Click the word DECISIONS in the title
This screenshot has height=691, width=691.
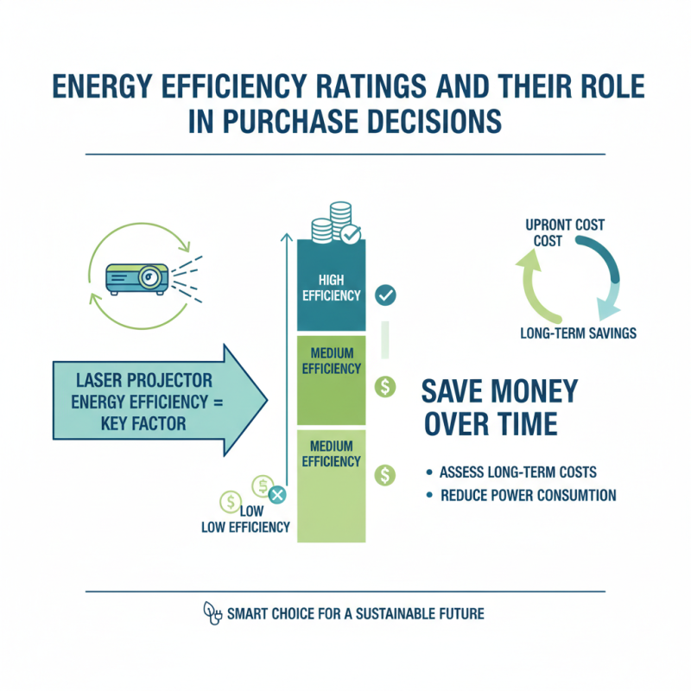(x=434, y=121)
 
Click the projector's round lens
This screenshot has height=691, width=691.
(x=149, y=277)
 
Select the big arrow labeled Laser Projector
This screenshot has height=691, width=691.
(x=160, y=400)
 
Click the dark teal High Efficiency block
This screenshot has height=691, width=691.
(x=332, y=285)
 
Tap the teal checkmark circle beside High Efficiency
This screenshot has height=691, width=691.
(x=385, y=295)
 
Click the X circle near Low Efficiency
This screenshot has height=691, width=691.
(x=277, y=494)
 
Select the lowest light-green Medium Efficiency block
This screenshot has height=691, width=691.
(x=332, y=486)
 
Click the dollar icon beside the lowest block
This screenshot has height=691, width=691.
(x=385, y=476)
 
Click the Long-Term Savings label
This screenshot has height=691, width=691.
(x=578, y=333)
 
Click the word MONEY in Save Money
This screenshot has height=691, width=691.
(x=534, y=391)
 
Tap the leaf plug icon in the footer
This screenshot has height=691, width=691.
(x=212, y=613)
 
